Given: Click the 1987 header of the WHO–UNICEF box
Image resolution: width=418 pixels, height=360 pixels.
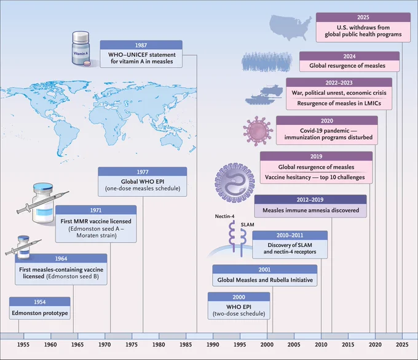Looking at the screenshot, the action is coord(141,45).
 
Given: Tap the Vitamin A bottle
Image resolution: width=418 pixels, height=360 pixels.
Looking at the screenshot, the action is coord(81,48).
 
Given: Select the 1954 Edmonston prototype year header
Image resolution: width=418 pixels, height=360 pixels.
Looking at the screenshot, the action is coord(40,302).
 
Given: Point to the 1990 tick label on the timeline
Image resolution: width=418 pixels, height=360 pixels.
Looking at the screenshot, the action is coord(213,345).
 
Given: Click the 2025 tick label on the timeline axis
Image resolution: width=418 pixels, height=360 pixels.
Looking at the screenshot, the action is coord(402,345).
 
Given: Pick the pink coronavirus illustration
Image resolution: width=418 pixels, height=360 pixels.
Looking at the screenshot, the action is coord(258,130).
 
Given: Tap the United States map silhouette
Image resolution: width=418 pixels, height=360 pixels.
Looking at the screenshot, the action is coord(290,27).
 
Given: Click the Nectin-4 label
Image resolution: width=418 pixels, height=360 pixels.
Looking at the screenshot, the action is coord(224,216).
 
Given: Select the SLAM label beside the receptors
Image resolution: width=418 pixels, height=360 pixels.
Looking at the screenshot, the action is coord(247,225).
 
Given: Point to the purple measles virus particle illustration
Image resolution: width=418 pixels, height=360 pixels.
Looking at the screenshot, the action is coord(235,183).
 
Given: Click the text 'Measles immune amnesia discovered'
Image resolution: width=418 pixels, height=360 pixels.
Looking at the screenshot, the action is coord(311,210).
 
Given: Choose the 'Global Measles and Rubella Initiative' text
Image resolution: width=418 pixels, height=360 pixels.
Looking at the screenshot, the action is coord(265,280).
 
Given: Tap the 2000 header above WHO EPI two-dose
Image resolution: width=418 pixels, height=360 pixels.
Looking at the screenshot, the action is coord(239,297).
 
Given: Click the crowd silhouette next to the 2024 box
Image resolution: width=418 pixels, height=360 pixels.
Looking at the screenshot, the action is coord(267,62).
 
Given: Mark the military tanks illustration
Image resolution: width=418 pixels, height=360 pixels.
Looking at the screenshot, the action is coord(264,95).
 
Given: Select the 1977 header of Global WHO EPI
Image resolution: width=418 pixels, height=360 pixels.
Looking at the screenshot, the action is coord(143,172).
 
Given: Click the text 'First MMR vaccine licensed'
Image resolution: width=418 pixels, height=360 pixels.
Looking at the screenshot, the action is coord(96,221).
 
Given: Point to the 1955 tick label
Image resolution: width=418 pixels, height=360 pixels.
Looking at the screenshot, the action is coord(23,345).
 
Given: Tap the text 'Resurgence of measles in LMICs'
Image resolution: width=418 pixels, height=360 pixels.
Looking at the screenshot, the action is coord(339,103).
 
